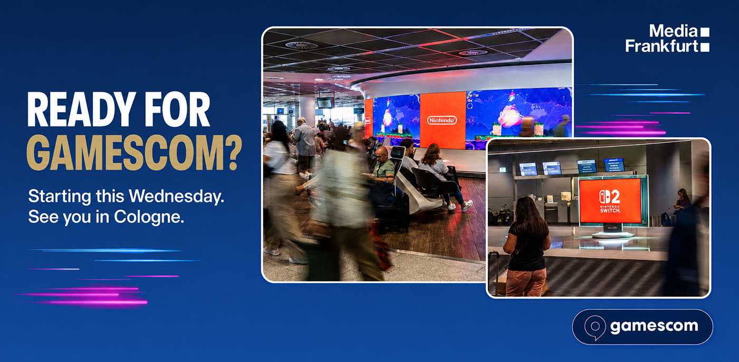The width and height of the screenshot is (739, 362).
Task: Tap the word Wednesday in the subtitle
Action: pyautogui.click(x=176, y=197)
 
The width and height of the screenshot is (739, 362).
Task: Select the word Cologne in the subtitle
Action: pyautogui.click(x=149, y=218)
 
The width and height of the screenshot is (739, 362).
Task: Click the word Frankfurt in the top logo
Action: pyautogui.click(x=661, y=45)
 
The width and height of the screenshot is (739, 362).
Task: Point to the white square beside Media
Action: pyautogui.click(x=705, y=32)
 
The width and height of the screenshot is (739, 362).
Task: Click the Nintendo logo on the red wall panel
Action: pyautogui.click(x=442, y=120)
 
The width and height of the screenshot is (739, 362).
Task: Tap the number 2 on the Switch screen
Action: pyautogui.click(x=615, y=197)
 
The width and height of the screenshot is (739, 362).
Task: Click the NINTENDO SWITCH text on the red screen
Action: pyautogui.click(x=610, y=209)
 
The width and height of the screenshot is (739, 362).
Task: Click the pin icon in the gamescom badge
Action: pyautogui.click(x=595, y=327)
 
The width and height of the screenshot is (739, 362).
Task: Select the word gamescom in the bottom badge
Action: pyautogui.click(x=654, y=327)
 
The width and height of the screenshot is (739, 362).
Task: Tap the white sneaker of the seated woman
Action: pyautogui.click(x=467, y=206)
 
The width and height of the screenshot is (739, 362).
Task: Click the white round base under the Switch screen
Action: pyautogui.click(x=613, y=235)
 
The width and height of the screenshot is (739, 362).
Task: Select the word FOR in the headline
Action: pyautogui.click(x=177, y=109)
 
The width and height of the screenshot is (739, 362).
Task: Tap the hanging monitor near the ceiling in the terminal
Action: pyautogui.click(x=325, y=103)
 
